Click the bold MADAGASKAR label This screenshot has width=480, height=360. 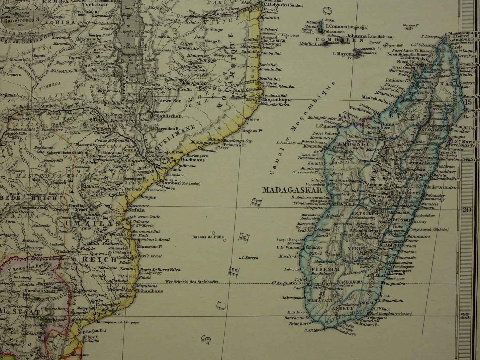pos(292,190)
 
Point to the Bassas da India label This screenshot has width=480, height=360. pos(208,237)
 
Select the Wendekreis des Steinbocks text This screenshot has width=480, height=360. pos(192,282)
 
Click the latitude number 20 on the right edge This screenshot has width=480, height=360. pos(467,210)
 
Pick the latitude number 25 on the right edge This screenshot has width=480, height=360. pos(465,316)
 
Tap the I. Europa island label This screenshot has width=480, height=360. pos(250,257)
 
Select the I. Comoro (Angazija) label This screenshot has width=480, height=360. pos(346,26)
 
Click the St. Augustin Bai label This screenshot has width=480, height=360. pos(289,283)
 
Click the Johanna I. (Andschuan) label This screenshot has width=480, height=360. pos(370,37)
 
